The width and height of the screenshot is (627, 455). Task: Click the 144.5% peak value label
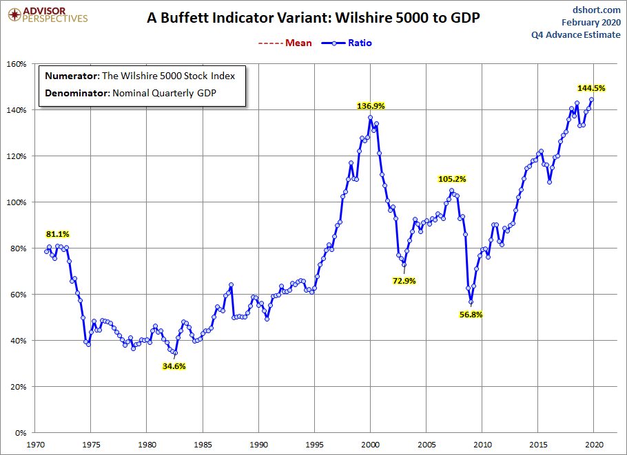point(591,88)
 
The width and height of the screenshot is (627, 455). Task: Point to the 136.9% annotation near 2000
point(371,106)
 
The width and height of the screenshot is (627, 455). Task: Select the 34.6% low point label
point(174,366)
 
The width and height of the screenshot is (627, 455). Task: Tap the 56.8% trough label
point(471,314)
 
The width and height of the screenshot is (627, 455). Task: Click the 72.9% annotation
point(404,281)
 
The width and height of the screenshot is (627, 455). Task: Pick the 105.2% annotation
point(452,179)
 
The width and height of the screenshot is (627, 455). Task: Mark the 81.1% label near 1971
point(58,234)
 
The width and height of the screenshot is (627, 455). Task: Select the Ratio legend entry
point(349,43)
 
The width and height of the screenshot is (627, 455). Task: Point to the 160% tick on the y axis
point(16,64)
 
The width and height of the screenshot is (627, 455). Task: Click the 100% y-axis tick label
point(16,202)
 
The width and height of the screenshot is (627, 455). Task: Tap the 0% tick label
point(20,433)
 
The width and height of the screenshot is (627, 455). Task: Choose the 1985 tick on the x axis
point(203,445)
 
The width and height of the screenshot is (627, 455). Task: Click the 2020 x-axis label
point(595,445)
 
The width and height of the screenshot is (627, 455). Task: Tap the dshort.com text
point(596,10)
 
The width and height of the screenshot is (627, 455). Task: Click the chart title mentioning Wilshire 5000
point(313,19)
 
